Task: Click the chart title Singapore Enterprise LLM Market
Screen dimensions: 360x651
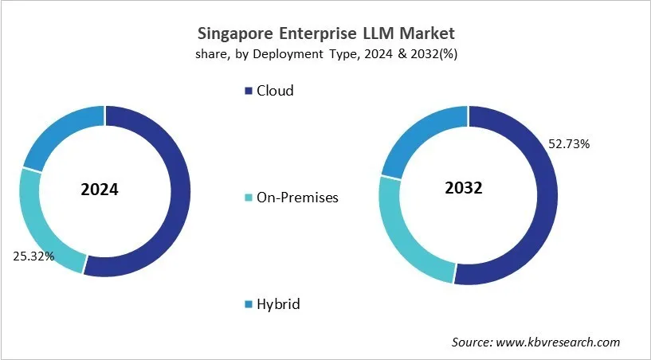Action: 326,33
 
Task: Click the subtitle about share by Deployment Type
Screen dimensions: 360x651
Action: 326,54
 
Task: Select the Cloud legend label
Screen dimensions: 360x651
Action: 275,91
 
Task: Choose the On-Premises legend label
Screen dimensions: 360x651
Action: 297,198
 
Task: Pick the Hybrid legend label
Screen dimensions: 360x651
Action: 279,304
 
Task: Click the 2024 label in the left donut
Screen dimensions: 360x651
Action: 100,190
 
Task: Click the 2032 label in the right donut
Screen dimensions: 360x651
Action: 463,189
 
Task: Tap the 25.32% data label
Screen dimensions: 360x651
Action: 33,256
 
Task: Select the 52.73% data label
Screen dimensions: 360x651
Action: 568,144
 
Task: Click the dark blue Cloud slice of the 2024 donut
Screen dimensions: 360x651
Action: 179,191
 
